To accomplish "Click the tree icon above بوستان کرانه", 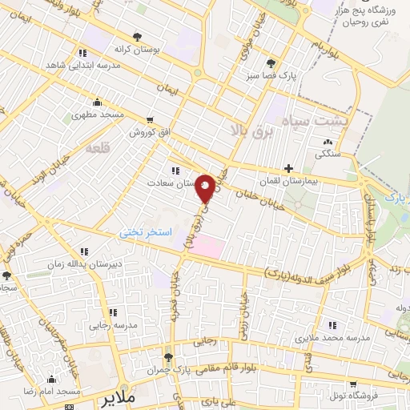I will [138, 37].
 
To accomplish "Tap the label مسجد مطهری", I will [98, 115].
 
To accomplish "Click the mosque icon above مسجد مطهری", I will [98, 102].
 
